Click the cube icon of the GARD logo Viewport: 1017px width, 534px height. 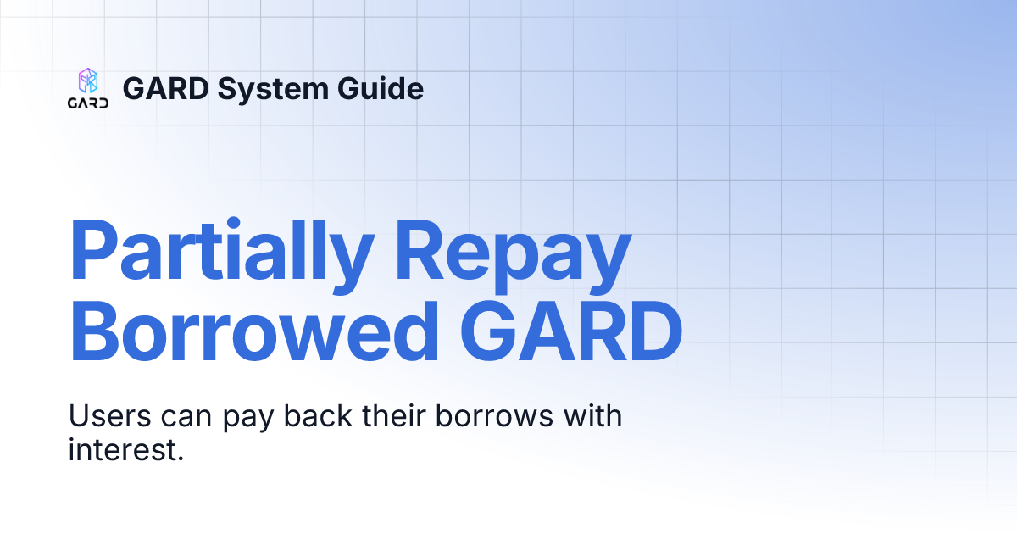[x=88, y=81]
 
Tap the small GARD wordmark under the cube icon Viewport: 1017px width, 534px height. [x=88, y=103]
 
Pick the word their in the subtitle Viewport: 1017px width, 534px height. [x=391, y=417]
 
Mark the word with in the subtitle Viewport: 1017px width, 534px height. [x=590, y=417]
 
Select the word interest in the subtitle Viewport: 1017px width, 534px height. [x=125, y=450]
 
